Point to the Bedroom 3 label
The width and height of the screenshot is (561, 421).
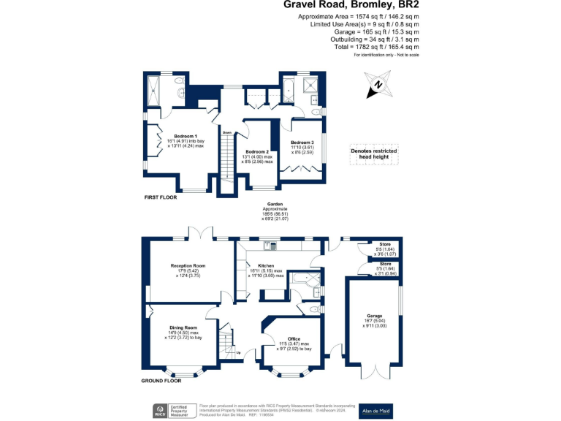tap(302, 142)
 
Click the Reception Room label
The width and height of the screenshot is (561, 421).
tap(188, 265)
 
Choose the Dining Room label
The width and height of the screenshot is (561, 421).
tap(184, 327)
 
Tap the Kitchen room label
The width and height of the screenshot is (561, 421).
tap(265, 265)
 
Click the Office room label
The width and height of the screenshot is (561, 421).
tap(294, 338)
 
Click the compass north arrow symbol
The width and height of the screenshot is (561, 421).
tap(378, 85)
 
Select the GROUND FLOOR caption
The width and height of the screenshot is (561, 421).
tap(161, 381)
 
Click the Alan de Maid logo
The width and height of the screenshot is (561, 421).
tap(375, 411)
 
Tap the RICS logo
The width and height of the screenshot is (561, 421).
tap(157, 411)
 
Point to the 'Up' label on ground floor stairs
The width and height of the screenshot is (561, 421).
tap(238, 353)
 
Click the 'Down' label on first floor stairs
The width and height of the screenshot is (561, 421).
tap(227, 132)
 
